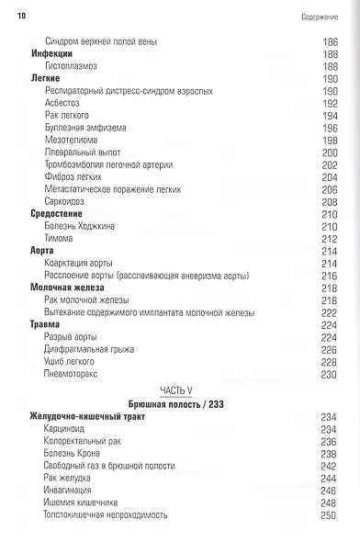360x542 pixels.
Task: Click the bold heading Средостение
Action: click(56, 213)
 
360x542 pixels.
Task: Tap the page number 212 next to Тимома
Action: click(329, 238)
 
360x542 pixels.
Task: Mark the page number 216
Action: click(329, 276)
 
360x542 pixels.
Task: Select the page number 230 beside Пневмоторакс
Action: click(329, 374)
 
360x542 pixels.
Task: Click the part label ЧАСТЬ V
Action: click(179, 390)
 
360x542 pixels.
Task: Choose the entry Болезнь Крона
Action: click(75, 454)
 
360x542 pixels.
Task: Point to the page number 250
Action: click(329, 514)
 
